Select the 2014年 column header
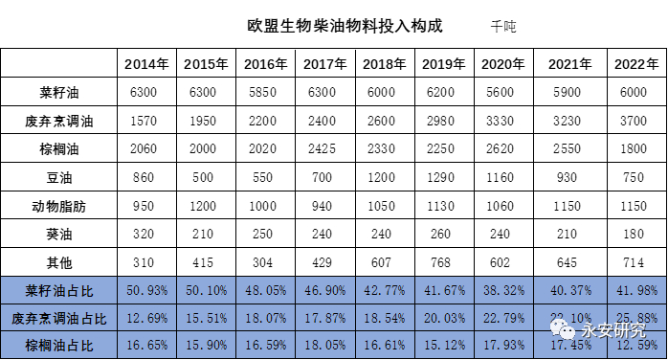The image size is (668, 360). coord(146,64)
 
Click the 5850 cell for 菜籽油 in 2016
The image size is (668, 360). coord(266,93)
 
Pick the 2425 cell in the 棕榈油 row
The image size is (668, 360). coord(324,149)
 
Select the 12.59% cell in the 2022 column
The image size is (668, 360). coord(636,346)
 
